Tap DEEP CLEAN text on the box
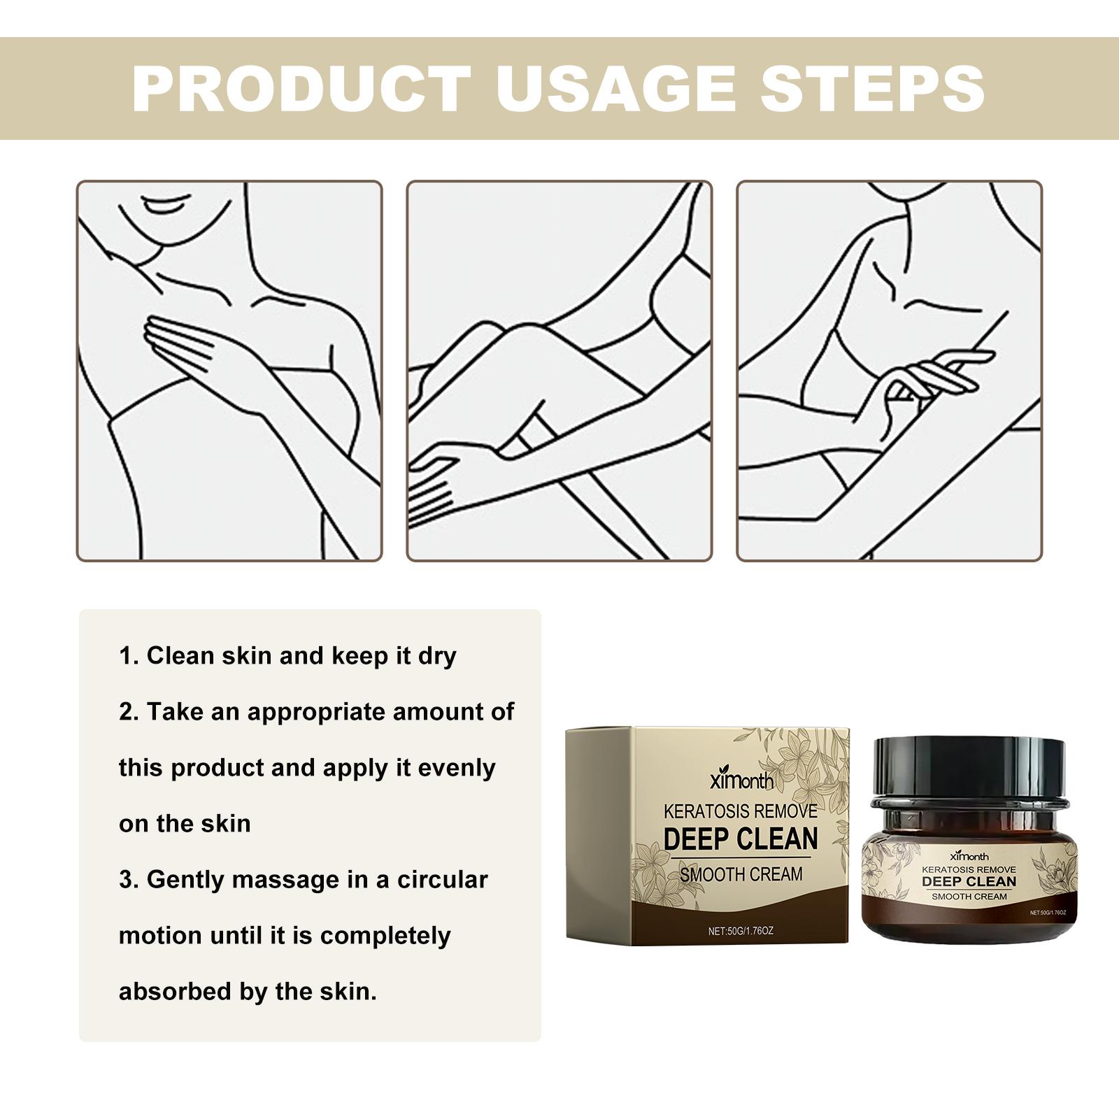[741, 839]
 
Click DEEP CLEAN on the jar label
[969, 881]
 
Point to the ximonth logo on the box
[741, 781]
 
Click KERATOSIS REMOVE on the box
[740, 811]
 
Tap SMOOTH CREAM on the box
[741, 874]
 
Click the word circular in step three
[443, 879]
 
